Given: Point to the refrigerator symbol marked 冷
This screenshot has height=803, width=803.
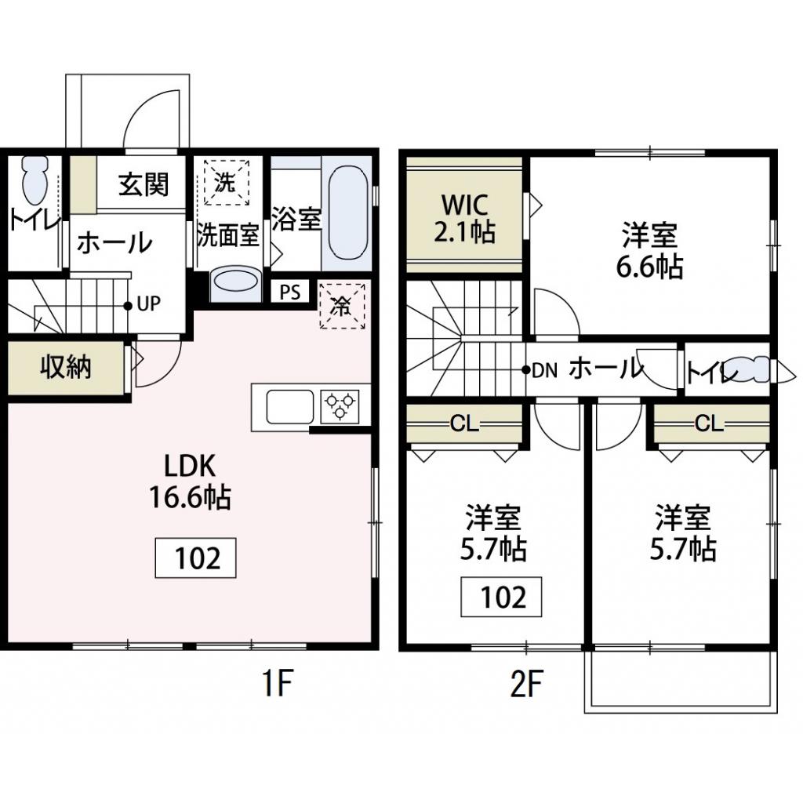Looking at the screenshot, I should click(x=342, y=303).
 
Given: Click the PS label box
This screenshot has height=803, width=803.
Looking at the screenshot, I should click(x=290, y=292).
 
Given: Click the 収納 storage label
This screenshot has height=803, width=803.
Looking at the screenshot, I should click(x=66, y=368).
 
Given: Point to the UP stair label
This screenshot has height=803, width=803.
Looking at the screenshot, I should click(x=147, y=304).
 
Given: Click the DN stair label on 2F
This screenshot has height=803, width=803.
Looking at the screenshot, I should click(x=543, y=369).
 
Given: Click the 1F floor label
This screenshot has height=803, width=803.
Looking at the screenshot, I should click(x=275, y=685).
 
